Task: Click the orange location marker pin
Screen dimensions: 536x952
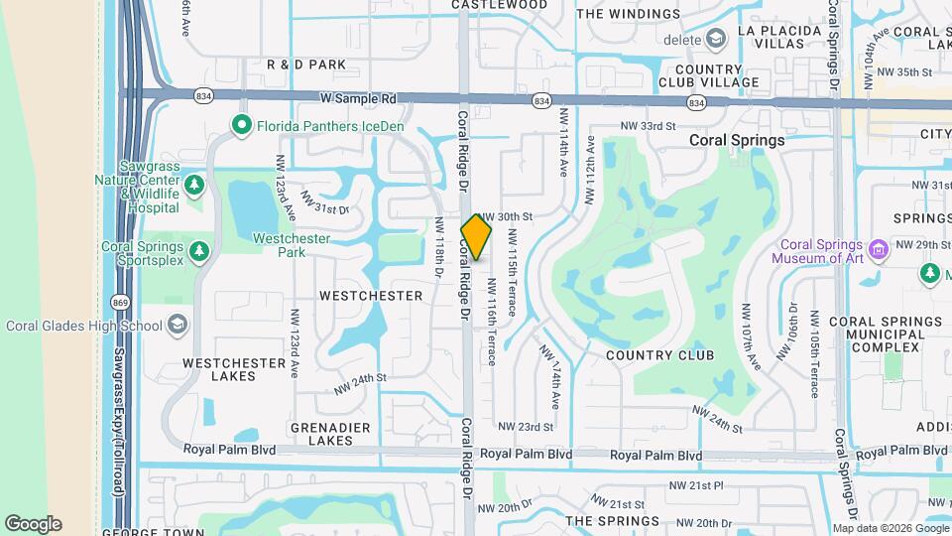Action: click(476, 237)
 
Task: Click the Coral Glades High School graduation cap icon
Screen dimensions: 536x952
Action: click(178, 325)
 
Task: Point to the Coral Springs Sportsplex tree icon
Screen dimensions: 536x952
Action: click(200, 251)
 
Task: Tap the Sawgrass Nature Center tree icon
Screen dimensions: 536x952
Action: click(195, 185)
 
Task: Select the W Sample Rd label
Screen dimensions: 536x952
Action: click(357, 99)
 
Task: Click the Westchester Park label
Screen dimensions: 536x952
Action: click(292, 245)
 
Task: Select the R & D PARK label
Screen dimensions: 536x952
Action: click(306, 65)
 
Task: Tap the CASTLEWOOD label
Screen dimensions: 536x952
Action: click(500, 5)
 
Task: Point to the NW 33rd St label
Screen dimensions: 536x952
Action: click(648, 126)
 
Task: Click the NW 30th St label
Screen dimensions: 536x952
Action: click(507, 216)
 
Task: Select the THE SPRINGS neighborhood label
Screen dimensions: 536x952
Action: click(612, 521)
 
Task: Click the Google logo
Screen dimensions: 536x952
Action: click(33, 523)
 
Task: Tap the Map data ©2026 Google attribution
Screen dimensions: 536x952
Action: click(890, 528)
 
